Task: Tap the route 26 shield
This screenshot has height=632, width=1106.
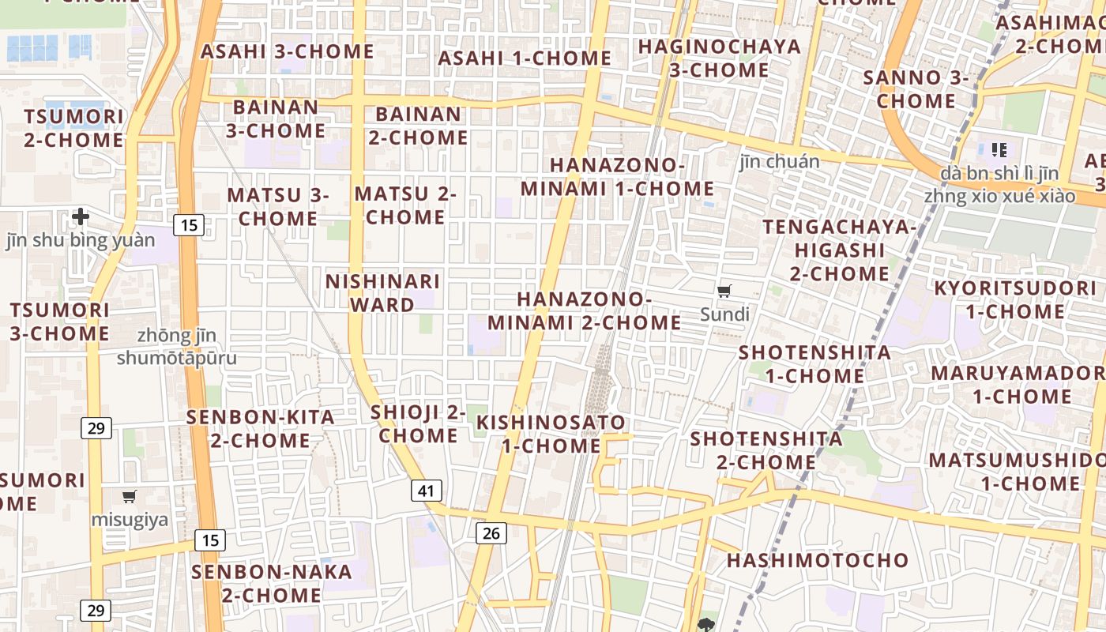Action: pos(491,533)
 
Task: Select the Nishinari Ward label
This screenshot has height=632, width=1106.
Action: pos(382,293)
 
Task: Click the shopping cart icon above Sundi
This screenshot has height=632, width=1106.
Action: pos(724,292)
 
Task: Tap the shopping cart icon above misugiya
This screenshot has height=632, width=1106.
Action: pos(130,497)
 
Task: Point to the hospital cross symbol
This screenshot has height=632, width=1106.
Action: pos(81,216)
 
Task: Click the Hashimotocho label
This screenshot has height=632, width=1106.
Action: pos(818,561)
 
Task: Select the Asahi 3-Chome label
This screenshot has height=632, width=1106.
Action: pos(288,52)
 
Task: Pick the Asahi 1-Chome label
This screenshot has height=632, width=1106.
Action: pos(525,58)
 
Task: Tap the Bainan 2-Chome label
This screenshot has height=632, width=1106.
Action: pos(419,126)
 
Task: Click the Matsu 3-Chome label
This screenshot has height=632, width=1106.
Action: pos(278,206)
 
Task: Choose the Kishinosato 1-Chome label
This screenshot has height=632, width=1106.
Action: pos(551,434)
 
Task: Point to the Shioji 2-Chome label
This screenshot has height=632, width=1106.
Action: pos(418,423)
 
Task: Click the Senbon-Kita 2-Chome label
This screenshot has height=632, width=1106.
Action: pos(261,429)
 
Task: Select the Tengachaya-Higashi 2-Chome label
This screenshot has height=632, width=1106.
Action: pos(839,250)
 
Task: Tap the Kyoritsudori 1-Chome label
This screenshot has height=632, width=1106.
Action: pos(1015,299)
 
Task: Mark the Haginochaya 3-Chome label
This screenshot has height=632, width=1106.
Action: pos(720,58)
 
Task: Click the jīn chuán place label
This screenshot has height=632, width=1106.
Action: pos(780,162)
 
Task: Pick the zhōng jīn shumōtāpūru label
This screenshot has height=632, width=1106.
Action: pos(177,347)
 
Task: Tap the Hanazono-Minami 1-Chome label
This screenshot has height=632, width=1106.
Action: pos(617,177)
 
